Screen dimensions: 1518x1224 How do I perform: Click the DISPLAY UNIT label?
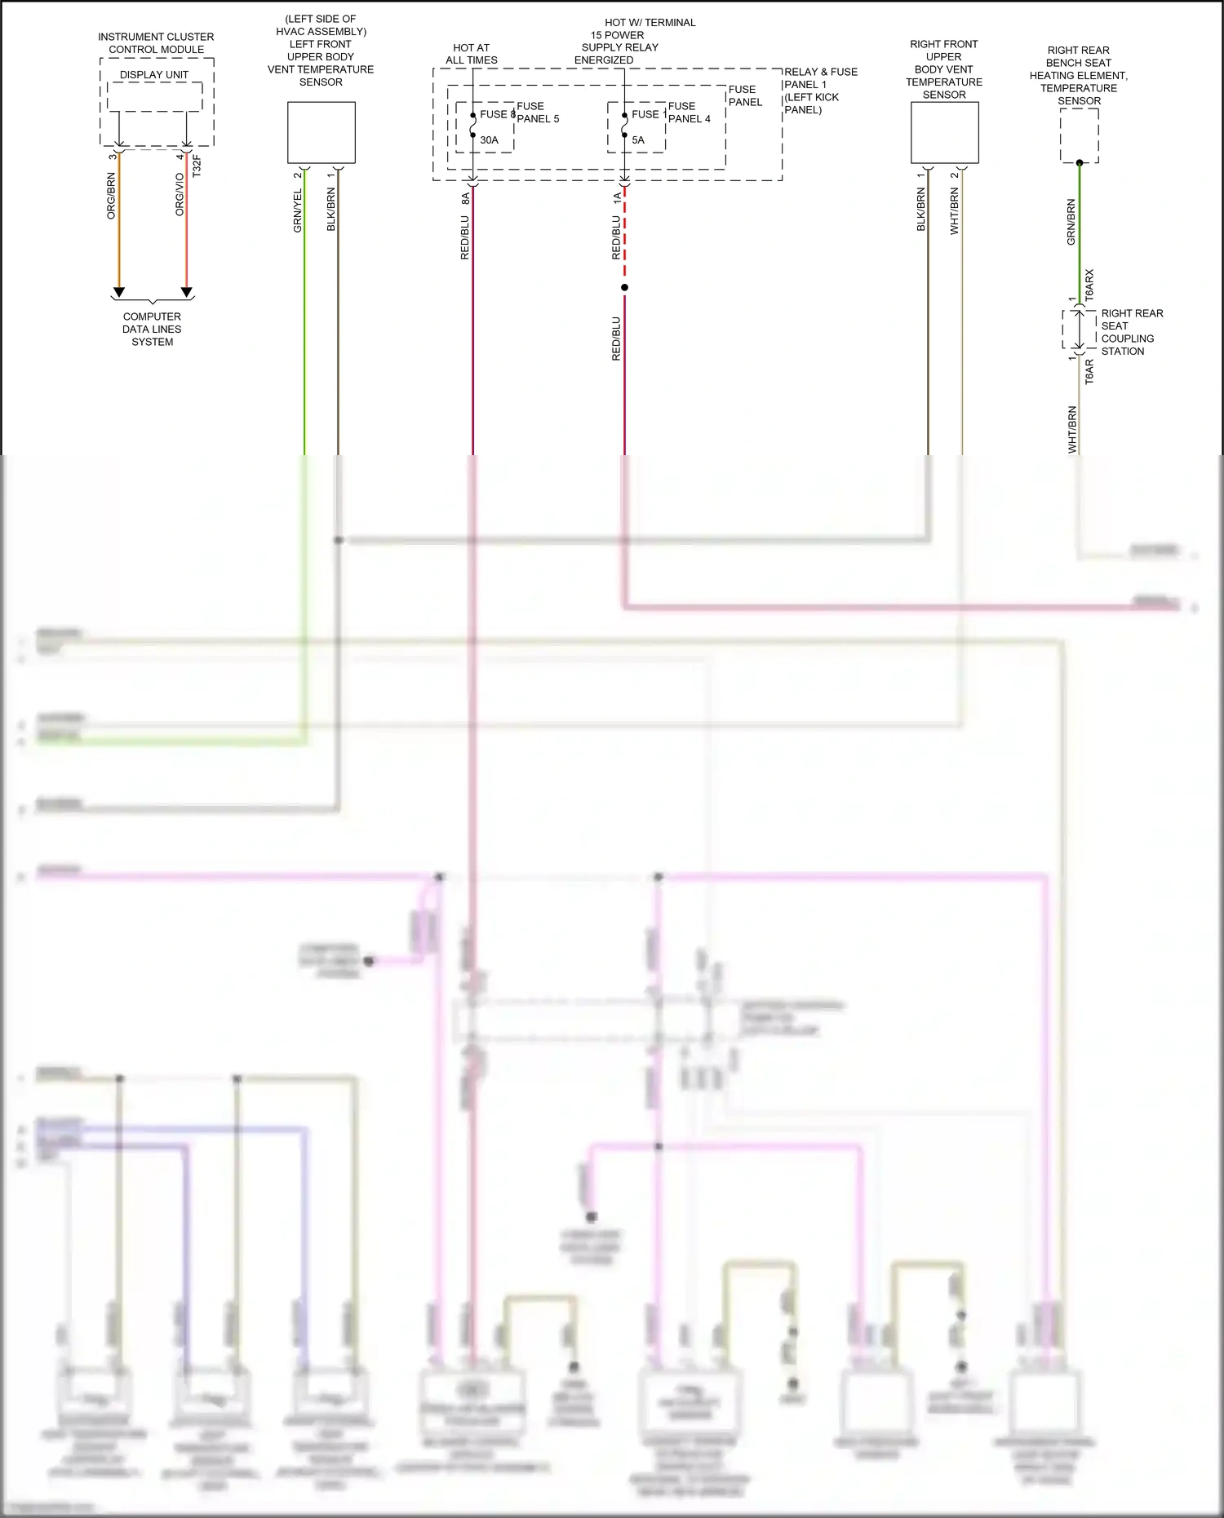(x=154, y=75)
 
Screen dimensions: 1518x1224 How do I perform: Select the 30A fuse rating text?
(x=489, y=140)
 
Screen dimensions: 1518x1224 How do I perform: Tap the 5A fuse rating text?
(x=638, y=140)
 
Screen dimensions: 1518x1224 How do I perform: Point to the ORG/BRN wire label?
(x=112, y=196)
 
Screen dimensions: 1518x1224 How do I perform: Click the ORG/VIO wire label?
(x=180, y=194)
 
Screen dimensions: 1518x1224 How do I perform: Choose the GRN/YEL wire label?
(x=298, y=211)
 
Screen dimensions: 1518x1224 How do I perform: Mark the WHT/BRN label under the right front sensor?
(x=955, y=211)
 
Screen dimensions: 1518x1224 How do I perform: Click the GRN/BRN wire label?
(x=1071, y=222)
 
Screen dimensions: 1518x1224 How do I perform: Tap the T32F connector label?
(x=196, y=166)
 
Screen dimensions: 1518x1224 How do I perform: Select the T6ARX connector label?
(x=1089, y=285)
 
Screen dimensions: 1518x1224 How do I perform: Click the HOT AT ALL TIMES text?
(x=472, y=54)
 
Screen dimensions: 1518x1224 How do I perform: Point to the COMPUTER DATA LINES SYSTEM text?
(x=153, y=329)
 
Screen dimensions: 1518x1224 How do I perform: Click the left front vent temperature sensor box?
(x=322, y=132)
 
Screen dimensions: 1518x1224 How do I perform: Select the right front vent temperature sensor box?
(x=944, y=132)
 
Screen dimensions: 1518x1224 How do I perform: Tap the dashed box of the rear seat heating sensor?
(x=1079, y=135)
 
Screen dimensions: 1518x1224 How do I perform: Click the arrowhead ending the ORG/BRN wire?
(x=119, y=292)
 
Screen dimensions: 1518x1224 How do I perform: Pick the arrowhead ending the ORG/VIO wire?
(x=186, y=292)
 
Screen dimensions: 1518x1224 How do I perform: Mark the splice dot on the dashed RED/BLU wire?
(x=624, y=287)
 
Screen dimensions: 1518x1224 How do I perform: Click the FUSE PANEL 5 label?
(x=538, y=113)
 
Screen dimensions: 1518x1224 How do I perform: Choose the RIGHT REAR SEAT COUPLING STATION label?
(x=1132, y=332)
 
